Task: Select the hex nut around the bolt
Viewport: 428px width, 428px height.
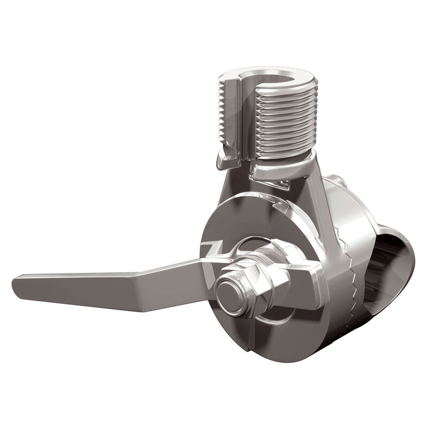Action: click(x=251, y=278)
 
